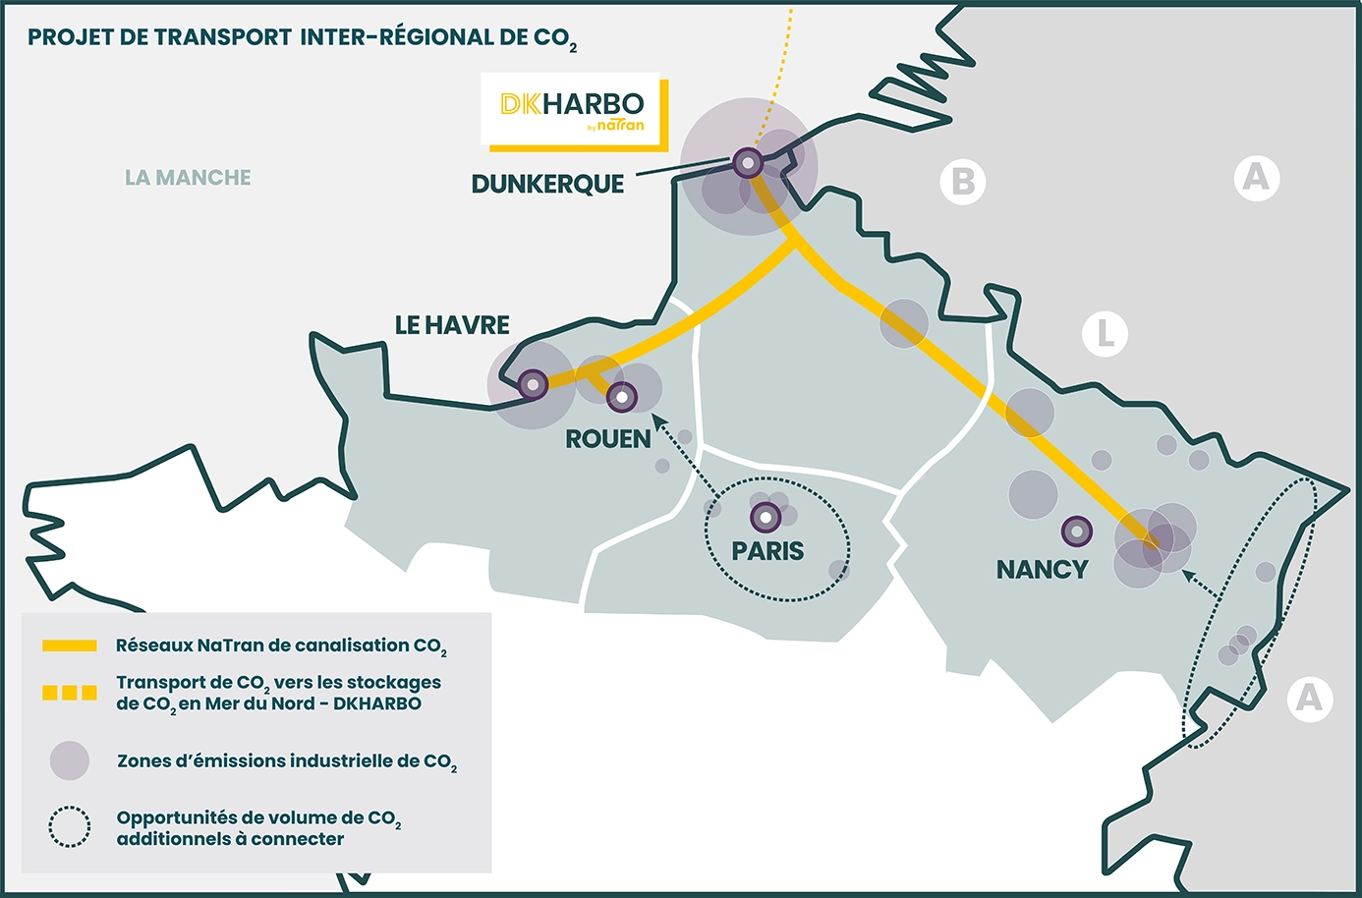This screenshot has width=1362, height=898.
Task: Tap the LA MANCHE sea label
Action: tap(188, 178)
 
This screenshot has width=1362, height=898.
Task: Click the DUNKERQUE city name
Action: tap(547, 185)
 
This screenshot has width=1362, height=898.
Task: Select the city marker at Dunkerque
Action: tap(748, 162)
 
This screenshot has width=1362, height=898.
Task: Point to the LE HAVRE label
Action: tap(452, 325)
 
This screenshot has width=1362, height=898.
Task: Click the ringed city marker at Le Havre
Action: tap(533, 384)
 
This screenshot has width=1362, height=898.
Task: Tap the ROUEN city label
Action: tap(607, 439)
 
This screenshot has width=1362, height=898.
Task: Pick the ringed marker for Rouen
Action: tap(621, 397)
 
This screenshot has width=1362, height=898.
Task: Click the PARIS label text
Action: tap(767, 551)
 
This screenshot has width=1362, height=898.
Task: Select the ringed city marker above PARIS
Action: tap(766, 517)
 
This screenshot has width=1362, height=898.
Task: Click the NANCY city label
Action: tap(1042, 570)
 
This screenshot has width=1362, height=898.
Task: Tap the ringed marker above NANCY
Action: tap(1077, 532)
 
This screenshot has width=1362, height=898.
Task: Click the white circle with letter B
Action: tap(963, 182)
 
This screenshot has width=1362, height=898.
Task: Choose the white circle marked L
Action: tap(1105, 334)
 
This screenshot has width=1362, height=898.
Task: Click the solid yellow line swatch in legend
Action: tap(70, 645)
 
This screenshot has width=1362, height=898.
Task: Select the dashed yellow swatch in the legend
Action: tap(70, 693)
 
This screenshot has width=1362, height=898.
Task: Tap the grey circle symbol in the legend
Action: tap(70, 760)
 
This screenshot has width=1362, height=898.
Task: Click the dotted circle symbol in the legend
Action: tap(70, 827)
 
